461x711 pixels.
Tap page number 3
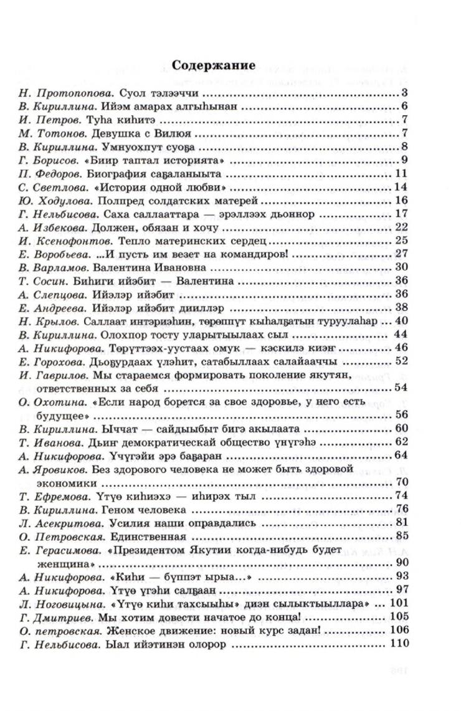[x=404, y=94]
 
